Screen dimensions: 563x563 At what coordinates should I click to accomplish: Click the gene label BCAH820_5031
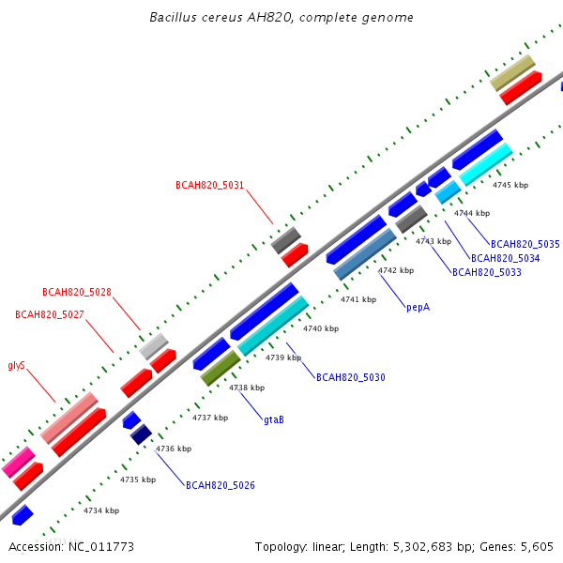coord(209,185)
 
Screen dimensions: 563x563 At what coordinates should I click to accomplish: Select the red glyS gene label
coord(17,366)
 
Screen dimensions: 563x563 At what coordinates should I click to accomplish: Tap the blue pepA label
coord(418,308)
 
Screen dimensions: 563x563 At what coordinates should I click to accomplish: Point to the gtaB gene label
coord(274,419)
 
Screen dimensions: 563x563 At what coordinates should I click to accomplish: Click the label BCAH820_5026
coord(221,485)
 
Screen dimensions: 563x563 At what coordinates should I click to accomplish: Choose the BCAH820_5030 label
coord(351,377)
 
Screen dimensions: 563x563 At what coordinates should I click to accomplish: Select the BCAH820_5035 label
coord(525,244)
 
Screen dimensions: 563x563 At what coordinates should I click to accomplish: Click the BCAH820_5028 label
coord(77,292)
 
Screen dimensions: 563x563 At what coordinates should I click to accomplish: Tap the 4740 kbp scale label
coord(321,328)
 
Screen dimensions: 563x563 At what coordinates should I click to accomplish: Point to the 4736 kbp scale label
coord(174,449)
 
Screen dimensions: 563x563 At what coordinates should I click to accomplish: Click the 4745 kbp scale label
coord(510,185)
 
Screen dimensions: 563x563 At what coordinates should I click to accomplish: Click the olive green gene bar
coord(221,368)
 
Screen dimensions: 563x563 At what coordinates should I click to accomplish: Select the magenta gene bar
coord(19,462)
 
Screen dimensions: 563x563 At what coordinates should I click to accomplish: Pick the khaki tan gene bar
coord(512,73)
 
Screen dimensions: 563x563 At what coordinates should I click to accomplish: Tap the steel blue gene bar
coord(365,254)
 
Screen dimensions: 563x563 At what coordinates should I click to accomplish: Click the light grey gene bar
coord(154,346)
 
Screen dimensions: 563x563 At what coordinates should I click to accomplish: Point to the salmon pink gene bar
coord(68,418)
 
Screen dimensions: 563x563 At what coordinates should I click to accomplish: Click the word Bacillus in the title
coord(173,17)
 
